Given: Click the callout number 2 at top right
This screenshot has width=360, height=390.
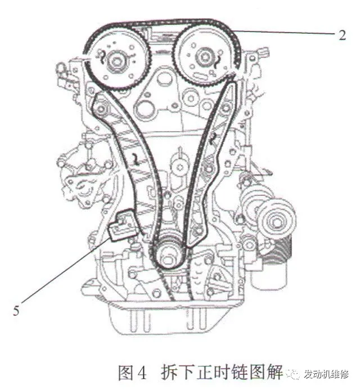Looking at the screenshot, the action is [x=342, y=35].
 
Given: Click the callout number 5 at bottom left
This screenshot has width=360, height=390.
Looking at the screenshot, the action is [x=16, y=311].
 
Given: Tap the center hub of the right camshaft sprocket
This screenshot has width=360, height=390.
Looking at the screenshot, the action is [x=204, y=58].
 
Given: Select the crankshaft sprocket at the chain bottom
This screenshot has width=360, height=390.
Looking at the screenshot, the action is [x=168, y=254].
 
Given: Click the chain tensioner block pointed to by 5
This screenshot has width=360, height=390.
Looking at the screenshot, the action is [x=122, y=225].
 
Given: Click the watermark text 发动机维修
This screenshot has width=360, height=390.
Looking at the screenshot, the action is [x=326, y=374].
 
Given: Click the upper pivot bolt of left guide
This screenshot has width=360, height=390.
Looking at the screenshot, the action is [x=101, y=109].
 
